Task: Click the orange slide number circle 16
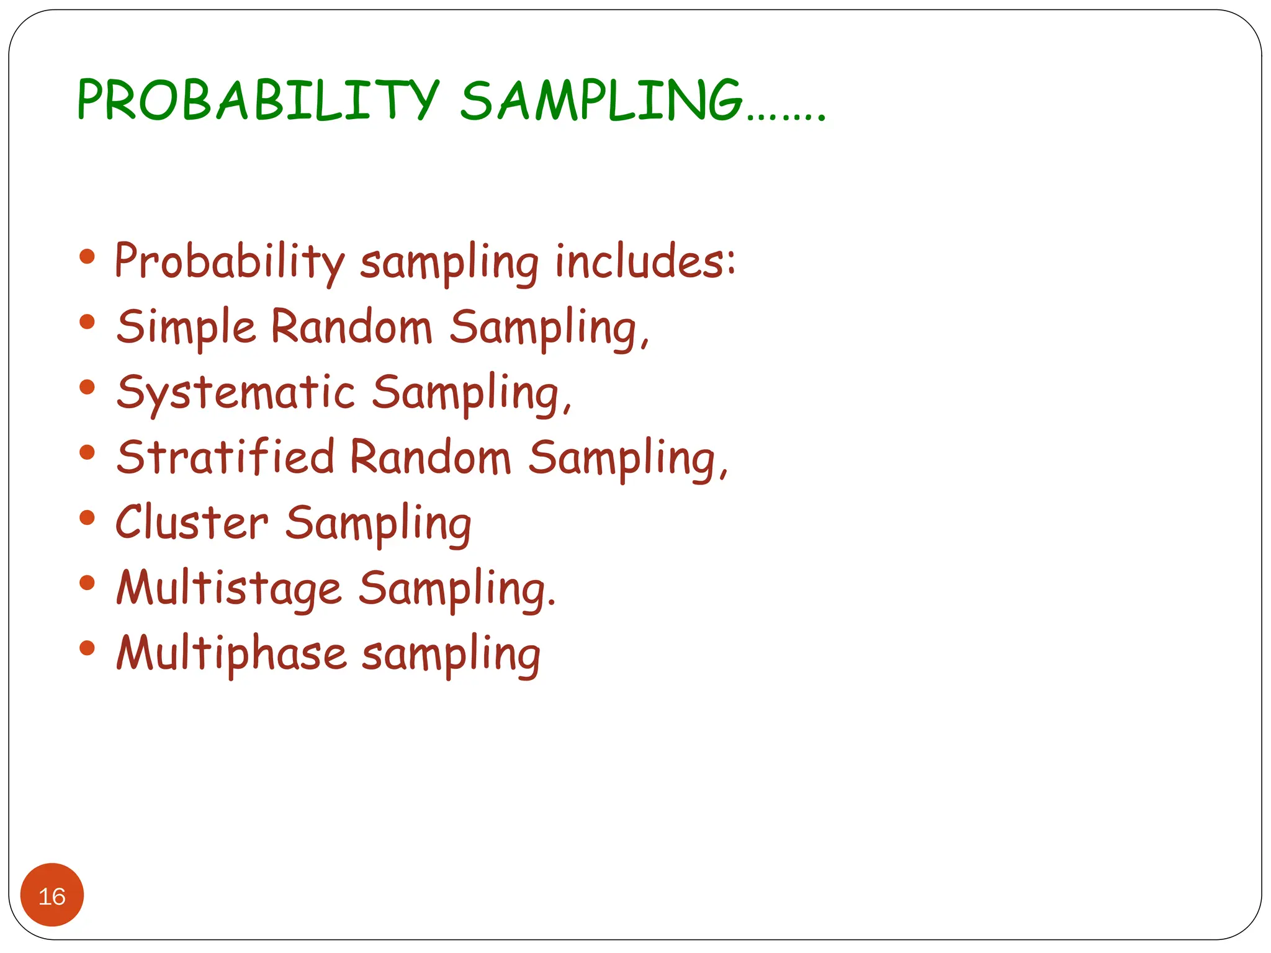click(52, 895)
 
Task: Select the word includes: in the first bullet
click(645, 261)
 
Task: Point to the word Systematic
click(236, 393)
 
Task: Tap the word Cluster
click(192, 522)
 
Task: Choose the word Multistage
click(229, 588)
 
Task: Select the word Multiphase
click(231, 653)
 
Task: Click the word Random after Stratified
click(430, 457)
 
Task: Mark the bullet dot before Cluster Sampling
click(88, 517)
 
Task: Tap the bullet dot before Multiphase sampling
click(88, 648)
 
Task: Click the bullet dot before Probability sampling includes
click(88, 256)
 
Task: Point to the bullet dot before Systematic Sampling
click(88, 387)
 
